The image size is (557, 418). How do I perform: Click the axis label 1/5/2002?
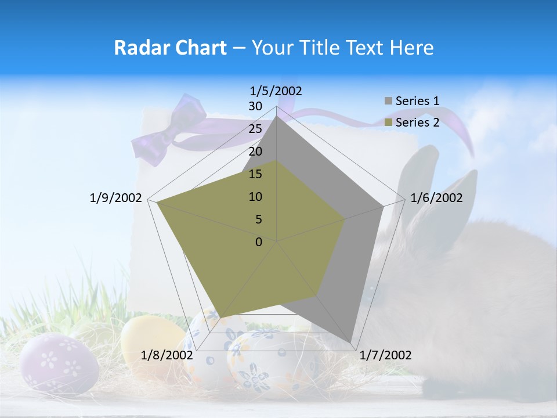[x=276, y=91]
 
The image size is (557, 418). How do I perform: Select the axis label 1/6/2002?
[x=436, y=198]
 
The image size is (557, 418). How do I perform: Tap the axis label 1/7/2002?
[x=385, y=355]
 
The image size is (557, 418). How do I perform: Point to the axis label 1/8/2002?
[x=167, y=355]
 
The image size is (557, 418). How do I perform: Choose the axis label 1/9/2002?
[x=116, y=198]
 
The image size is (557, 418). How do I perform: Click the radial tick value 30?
[x=255, y=107]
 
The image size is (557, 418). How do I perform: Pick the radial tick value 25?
[x=255, y=129]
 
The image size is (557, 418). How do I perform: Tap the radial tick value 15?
[x=255, y=174]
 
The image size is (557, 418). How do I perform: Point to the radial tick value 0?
[x=259, y=242]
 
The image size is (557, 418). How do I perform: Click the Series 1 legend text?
[x=417, y=101]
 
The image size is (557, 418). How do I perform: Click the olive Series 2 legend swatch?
[x=388, y=122]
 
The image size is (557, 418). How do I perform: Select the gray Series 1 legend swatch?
[x=388, y=101]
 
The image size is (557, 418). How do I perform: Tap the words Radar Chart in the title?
[x=170, y=48]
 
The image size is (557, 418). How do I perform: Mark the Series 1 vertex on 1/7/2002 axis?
[x=352, y=342]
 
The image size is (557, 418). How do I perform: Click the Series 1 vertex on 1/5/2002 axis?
[x=277, y=116]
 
